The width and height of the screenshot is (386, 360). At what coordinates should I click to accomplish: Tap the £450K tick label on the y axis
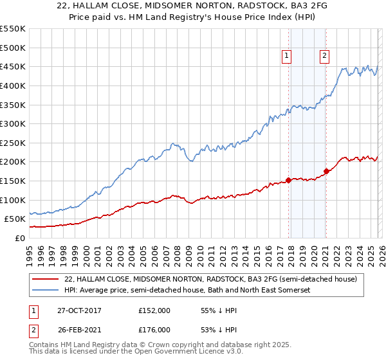(x=13, y=66)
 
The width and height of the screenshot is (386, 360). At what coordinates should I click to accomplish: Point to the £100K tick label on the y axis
(x=13, y=200)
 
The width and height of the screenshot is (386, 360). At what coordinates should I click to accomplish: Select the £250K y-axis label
(x=13, y=143)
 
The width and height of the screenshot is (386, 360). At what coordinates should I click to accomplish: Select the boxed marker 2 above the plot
(x=324, y=57)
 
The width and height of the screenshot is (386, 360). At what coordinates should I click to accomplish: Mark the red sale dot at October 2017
(x=288, y=180)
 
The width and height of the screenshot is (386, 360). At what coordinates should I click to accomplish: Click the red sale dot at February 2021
(x=326, y=171)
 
